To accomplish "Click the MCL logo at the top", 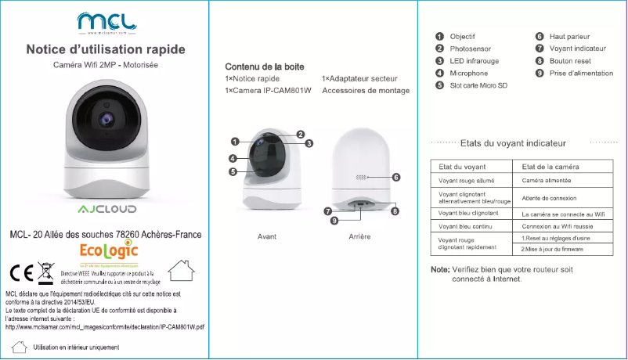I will click(105, 22).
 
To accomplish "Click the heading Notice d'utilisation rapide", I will click(106, 50).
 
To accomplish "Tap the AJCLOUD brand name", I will click(106, 211).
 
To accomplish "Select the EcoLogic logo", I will click(110, 251).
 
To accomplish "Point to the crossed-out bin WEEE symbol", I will click(45, 273).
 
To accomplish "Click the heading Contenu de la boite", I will click(264, 67).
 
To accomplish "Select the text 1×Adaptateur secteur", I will click(359, 79).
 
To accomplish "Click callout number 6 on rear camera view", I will click(396, 178).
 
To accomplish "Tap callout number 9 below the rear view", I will click(334, 221).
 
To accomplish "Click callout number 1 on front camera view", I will click(234, 142).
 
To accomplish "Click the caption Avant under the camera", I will click(267, 236).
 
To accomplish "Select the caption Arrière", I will click(359, 236).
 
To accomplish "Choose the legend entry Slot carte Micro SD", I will click(478, 85).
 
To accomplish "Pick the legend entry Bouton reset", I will click(570, 61).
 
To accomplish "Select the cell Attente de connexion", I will click(548, 198).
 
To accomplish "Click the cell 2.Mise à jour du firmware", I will click(552, 249).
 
